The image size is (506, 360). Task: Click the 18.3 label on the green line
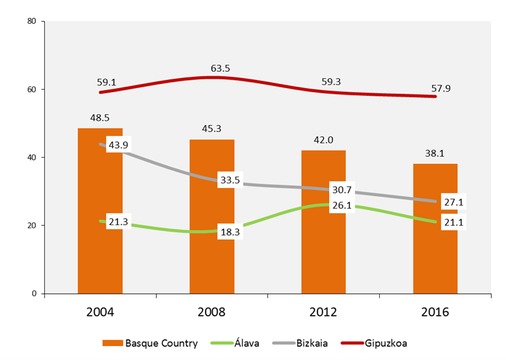click(230, 232)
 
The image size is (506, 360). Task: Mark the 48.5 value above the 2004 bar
click(100, 118)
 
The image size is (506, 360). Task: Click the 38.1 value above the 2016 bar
click(435, 153)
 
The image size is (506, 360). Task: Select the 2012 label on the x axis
click(323, 312)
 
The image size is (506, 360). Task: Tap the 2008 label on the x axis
click(212, 312)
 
